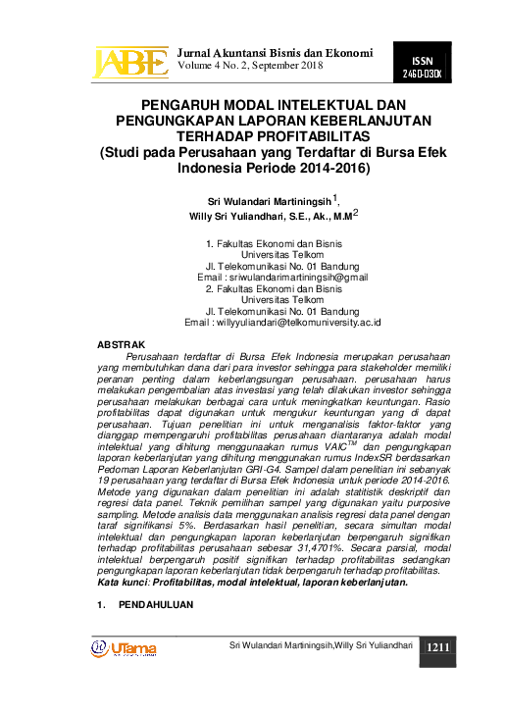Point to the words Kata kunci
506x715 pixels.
[x=123, y=583]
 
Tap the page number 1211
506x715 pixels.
[x=437, y=647]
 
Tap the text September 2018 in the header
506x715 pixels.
[x=284, y=65]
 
